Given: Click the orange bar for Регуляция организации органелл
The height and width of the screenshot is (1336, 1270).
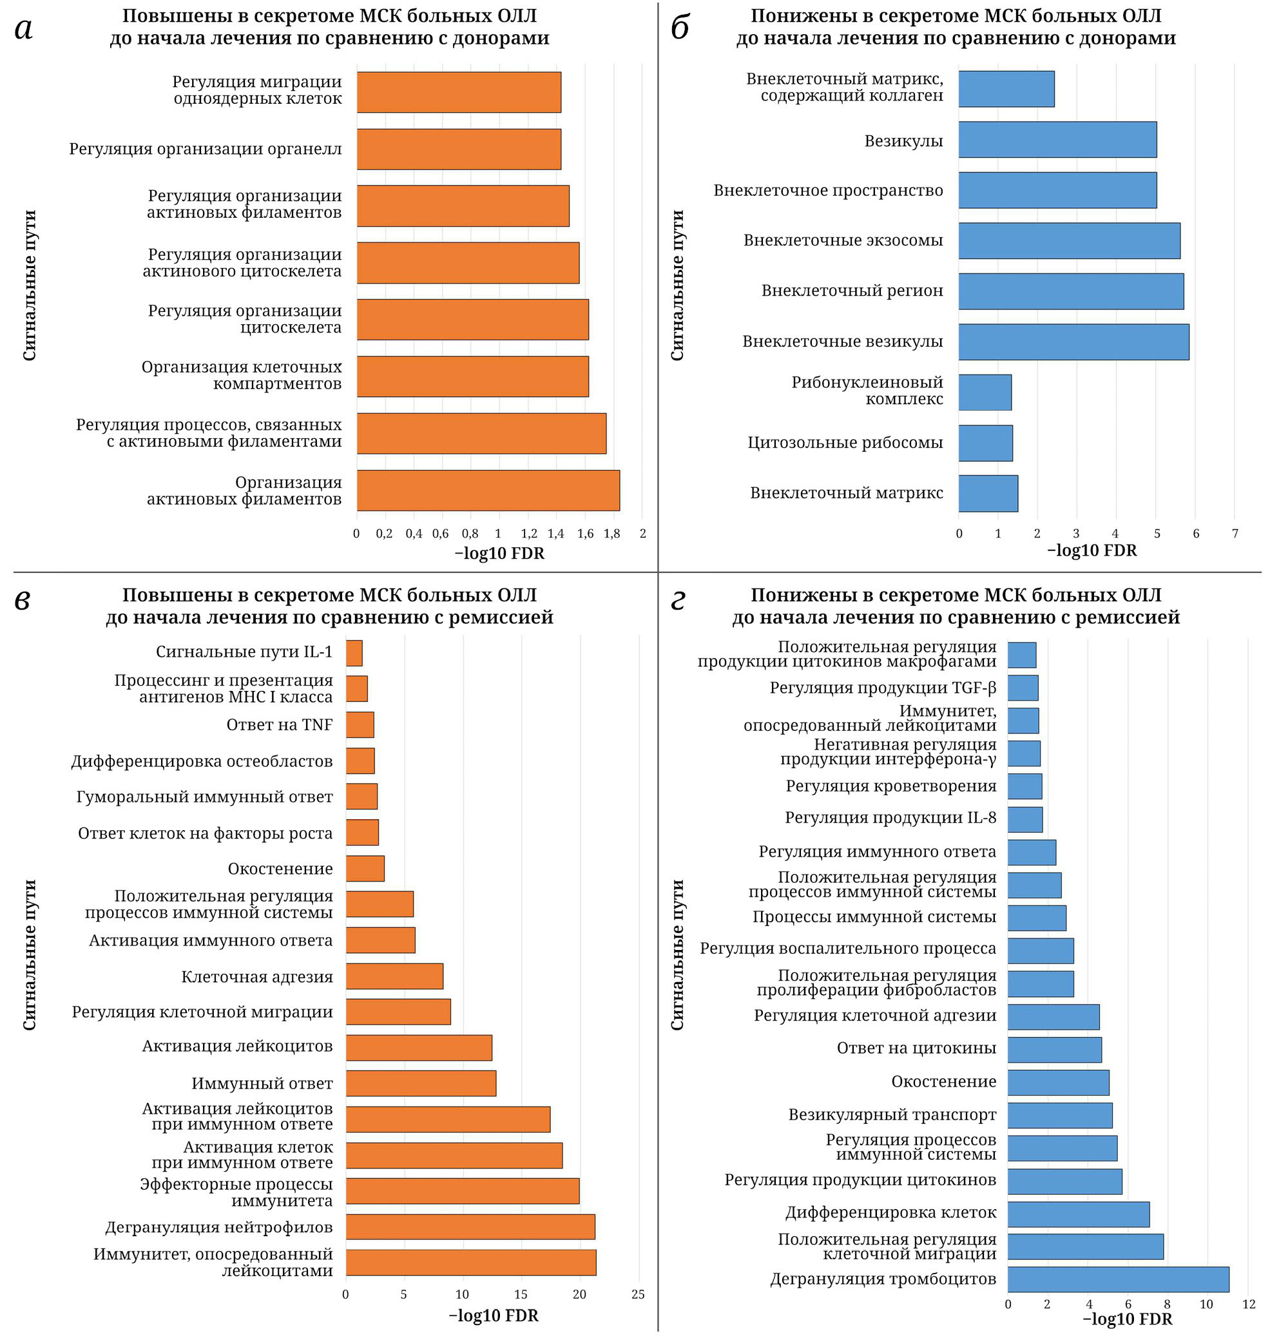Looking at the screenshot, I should [x=459, y=149].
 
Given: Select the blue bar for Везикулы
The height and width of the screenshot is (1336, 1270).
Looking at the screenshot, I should [x=1057, y=139].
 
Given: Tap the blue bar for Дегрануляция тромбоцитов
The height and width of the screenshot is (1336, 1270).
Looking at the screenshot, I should [x=1118, y=1279].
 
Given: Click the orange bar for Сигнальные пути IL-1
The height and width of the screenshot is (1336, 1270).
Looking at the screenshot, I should [x=354, y=653].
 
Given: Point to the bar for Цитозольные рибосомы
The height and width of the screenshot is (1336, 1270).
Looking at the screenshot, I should [x=986, y=443].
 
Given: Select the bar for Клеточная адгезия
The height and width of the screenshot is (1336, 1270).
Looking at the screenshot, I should [x=395, y=976].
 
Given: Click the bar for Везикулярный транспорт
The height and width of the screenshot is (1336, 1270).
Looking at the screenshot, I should [x=1059, y=1115].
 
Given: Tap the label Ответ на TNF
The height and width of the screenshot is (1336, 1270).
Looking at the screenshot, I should [x=280, y=724].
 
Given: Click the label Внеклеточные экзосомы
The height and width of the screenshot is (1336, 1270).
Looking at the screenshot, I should [x=843, y=240].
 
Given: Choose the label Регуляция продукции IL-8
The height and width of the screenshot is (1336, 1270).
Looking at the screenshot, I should [x=890, y=818].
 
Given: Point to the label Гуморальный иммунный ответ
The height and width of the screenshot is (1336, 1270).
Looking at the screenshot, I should [x=204, y=797].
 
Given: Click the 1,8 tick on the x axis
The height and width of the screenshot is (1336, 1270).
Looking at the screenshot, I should [x=612, y=534].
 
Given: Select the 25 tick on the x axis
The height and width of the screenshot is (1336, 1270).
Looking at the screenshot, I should [x=638, y=1294].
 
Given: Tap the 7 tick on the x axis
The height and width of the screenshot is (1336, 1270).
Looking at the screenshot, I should [x=1235, y=534].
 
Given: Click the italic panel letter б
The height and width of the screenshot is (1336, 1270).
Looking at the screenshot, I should [x=680, y=28].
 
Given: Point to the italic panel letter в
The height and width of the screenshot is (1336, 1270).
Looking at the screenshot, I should [x=23, y=600].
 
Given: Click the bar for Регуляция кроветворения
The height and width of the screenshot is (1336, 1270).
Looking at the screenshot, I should [x=1025, y=786].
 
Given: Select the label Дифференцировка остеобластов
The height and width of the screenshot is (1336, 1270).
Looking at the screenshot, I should [x=202, y=761].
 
